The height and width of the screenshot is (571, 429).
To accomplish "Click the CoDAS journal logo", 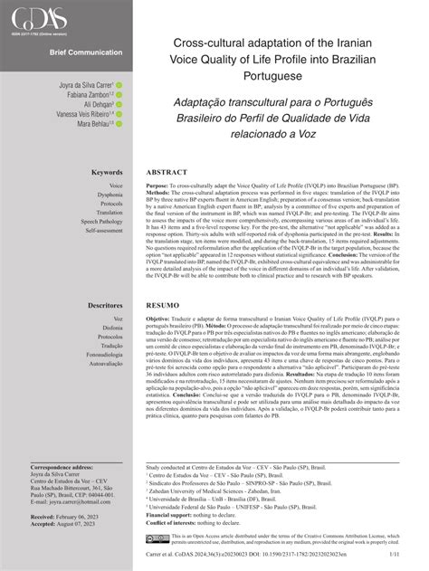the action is [37, 16].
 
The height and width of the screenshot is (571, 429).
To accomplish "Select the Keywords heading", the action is [107, 172].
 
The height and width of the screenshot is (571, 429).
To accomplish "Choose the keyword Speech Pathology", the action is [101, 221].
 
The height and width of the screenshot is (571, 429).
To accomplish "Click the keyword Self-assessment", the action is [104, 231].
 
